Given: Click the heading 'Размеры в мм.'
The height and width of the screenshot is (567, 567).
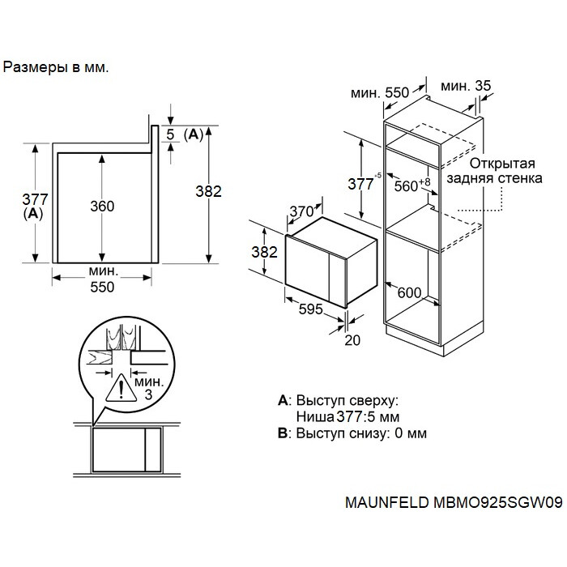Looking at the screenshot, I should [56, 68].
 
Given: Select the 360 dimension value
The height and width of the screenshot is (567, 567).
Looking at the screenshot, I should [102, 207].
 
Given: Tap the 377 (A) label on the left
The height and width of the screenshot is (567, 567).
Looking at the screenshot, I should [35, 206].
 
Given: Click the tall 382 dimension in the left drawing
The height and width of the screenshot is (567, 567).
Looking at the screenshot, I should [209, 191].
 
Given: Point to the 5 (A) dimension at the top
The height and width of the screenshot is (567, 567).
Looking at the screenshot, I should [182, 134].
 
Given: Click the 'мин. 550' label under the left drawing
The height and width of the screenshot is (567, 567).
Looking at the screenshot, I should [102, 279].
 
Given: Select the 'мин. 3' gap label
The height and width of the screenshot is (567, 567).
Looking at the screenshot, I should [148, 387].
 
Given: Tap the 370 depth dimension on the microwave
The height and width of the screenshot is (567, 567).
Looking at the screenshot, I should [301, 212].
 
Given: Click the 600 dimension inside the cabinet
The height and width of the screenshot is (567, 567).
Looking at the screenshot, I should [409, 293].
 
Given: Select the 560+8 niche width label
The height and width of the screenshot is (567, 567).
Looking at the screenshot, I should [412, 185].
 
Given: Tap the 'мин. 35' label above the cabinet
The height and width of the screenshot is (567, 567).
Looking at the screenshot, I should [467, 86].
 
